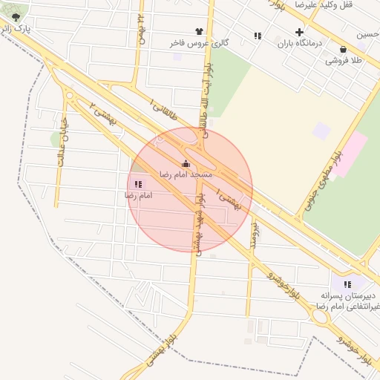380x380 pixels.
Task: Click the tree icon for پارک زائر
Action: [x=16, y=17]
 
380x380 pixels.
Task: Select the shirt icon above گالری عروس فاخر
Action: [x=199, y=31]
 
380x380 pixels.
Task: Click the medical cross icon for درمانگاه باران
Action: [x=299, y=32]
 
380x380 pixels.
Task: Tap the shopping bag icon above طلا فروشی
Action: [x=343, y=49]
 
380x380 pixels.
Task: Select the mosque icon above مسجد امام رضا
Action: [x=185, y=163]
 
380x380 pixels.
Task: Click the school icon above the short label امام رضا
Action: [x=138, y=183]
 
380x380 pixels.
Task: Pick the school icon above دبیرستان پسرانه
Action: [x=347, y=284]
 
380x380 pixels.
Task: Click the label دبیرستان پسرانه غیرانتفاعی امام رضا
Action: [x=347, y=300]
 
